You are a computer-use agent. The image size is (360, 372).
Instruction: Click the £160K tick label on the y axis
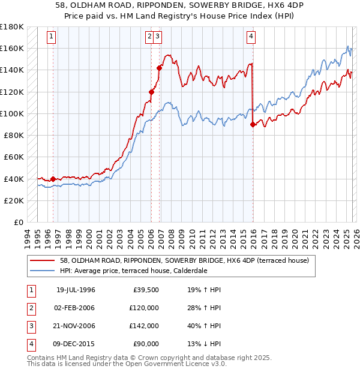click(12, 48)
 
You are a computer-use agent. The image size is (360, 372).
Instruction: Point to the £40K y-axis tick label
click(14, 179)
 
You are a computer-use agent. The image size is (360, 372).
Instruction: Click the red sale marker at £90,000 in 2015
click(253, 124)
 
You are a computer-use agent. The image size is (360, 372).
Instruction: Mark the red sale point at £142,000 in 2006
click(160, 68)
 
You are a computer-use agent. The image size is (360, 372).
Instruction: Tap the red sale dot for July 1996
click(53, 179)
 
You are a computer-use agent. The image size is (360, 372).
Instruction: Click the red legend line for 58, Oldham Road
click(43, 260)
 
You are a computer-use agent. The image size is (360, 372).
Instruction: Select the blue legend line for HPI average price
click(43, 271)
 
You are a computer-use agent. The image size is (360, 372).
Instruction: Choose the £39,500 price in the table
click(146, 290)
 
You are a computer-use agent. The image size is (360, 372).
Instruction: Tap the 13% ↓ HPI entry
click(204, 344)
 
